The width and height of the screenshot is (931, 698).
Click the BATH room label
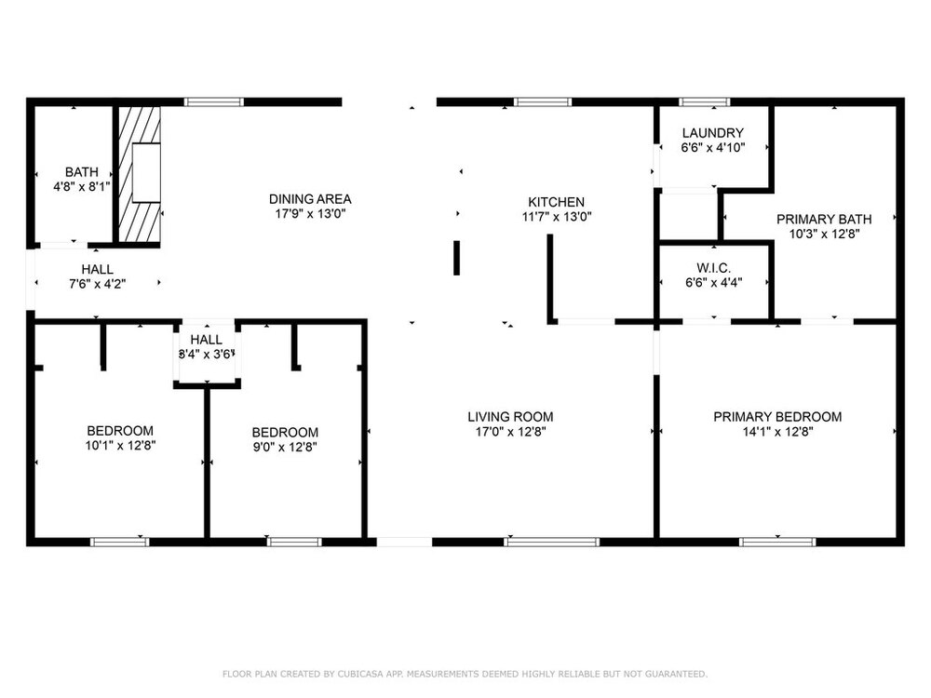82,172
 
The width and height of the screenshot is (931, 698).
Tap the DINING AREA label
310,199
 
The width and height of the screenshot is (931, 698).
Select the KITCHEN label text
557,202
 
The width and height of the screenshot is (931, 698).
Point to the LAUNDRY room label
712,133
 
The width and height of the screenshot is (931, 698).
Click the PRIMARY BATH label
824,219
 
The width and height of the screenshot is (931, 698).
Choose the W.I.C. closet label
714,268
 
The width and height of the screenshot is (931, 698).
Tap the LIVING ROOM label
510,417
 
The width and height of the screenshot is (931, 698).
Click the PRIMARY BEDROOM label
777,417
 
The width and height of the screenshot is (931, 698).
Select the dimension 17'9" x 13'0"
310,214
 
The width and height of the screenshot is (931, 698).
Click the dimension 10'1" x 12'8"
120,445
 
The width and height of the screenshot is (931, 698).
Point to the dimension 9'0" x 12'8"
285,447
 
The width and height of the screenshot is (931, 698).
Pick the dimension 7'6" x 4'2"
98,284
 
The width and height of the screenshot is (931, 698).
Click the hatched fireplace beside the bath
140,174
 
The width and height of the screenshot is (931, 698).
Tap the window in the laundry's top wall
704,102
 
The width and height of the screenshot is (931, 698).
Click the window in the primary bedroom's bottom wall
777,542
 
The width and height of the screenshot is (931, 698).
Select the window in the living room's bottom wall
551,542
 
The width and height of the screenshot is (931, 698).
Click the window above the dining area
214,102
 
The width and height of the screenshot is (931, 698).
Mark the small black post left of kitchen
456,258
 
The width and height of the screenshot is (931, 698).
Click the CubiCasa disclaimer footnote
465,674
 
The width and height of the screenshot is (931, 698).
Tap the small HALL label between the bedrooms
207,340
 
